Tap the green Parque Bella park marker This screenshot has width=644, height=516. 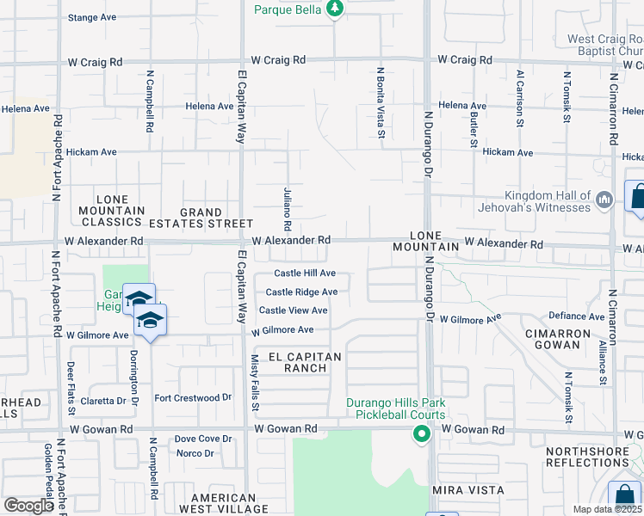tap(336, 9)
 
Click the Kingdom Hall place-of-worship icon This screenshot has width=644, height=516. tap(604, 201)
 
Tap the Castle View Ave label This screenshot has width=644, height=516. tap(294, 310)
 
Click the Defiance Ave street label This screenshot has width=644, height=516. tap(576, 316)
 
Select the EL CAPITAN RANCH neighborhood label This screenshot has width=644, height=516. tap(305, 362)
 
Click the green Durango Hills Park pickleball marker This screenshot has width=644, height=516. tap(421, 434)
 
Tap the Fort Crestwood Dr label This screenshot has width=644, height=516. tap(194, 398)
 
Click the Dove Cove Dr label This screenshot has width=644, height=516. tap(203, 439)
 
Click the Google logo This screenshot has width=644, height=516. tap(28, 506)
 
